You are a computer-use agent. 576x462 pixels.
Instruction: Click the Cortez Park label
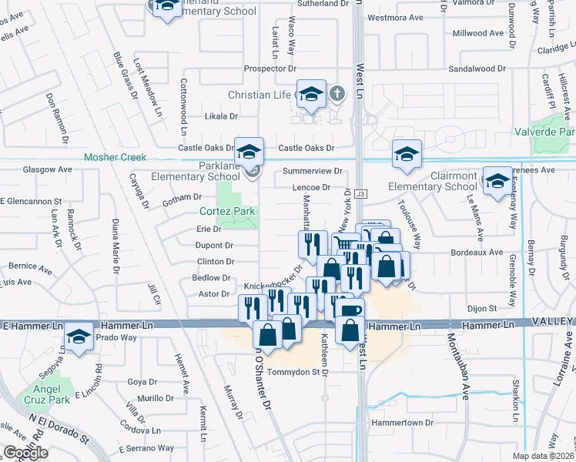point(227,211)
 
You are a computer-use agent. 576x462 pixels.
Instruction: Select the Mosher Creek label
point(115,157)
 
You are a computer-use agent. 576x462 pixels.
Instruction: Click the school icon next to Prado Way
point(78,337)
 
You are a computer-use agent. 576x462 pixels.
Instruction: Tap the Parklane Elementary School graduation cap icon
point(249,152)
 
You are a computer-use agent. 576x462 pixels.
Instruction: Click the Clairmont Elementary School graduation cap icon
point(497,180)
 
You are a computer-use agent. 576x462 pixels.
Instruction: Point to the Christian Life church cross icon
point(336,95)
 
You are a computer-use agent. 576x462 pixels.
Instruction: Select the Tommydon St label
point(293,372)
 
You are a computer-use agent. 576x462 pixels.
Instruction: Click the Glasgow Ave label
point(47,169)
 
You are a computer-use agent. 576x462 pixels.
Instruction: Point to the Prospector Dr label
point(265,69)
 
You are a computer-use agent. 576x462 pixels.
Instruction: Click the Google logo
point(25,453)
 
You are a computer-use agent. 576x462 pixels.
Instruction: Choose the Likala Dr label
point(221,116)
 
